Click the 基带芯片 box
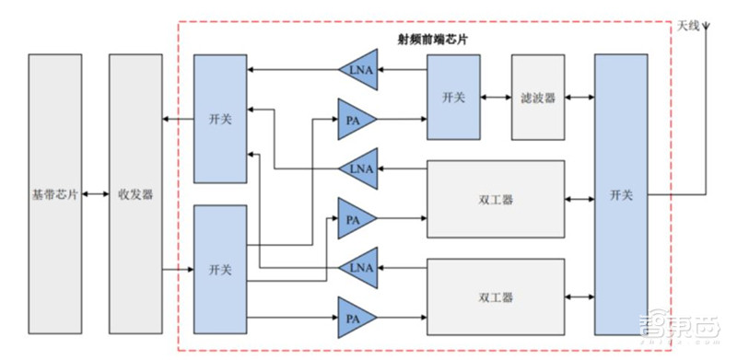(54, 194)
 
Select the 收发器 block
(135, 194)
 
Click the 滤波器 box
(538, 97)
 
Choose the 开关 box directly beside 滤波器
(452, 97)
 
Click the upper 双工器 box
(496, 199)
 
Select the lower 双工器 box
(496, 296)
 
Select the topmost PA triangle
(354, 120)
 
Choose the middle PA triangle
(354, 218)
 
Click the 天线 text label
(686, 26)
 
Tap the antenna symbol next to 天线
(706, 28)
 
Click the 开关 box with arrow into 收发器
(220, 119)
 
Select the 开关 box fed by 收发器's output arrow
(220, 270)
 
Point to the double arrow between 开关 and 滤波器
(496, 97)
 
